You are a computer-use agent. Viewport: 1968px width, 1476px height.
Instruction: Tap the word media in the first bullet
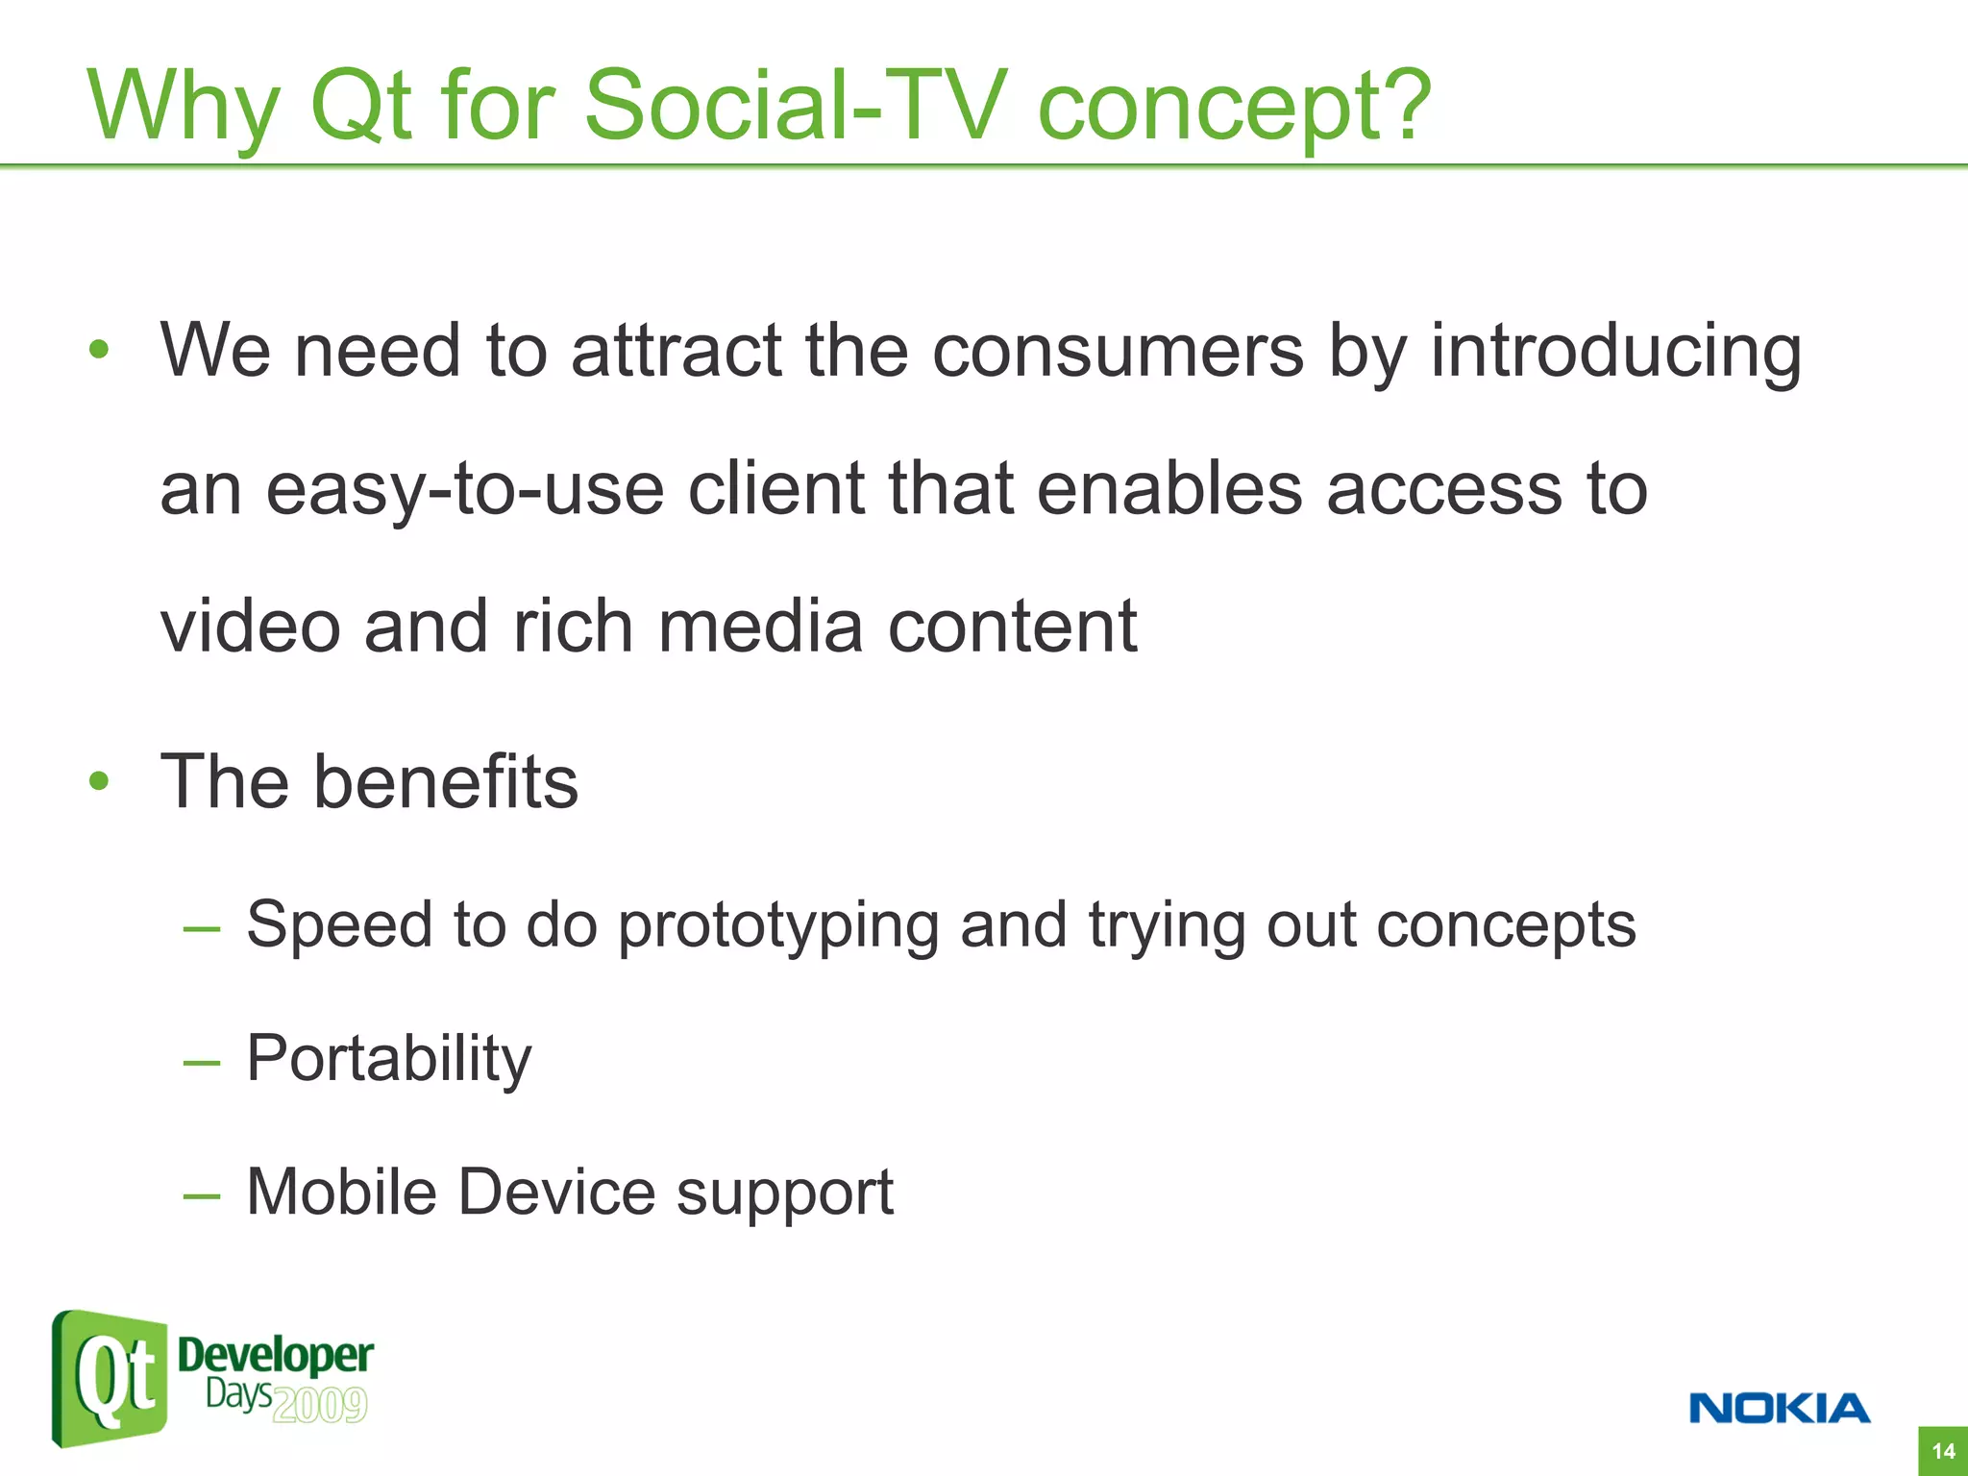760,627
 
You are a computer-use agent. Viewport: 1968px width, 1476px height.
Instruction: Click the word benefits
446,781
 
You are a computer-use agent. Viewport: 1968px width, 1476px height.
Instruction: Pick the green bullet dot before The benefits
99,781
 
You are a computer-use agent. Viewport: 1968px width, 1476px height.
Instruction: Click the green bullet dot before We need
99,351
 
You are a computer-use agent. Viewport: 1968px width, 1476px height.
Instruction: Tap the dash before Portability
202,1063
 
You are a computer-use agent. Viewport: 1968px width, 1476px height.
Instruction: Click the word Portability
388,1060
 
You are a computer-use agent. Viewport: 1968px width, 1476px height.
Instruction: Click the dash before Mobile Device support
202,1196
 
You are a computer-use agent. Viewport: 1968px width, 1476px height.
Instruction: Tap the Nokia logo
1779,1409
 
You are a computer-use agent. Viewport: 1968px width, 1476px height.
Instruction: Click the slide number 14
1942,1451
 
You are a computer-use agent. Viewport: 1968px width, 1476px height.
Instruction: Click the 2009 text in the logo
320,1406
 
